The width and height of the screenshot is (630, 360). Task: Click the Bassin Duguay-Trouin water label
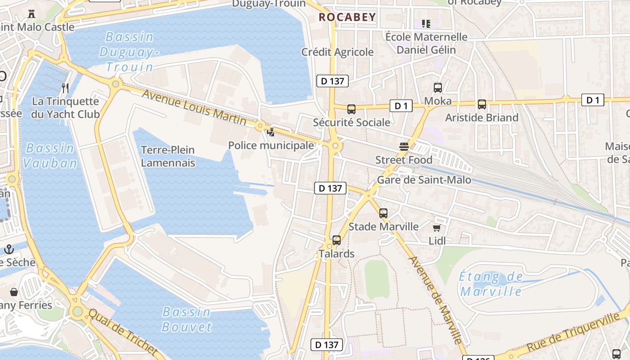[x=126, y=52]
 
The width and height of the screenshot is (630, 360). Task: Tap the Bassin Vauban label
[x=50, y=155]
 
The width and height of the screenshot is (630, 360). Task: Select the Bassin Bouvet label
[x=186, y=319]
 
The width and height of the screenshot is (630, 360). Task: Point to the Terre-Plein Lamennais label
[x=168, y=156]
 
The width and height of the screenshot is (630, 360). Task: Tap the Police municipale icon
[x=271, y=132]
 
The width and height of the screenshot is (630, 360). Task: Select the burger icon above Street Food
[x=404, y=147]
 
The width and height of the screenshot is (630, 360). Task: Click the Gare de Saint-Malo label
[x=424, y=180]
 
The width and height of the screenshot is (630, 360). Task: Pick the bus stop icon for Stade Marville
[x=383, y=213]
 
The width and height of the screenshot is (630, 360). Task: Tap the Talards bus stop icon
[x=336, y=240]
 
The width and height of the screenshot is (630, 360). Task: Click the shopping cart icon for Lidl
[x=436, y=228]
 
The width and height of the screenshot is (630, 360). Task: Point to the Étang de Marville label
[x=491, y=284]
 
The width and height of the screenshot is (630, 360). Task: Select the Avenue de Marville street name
[x=435, y=299]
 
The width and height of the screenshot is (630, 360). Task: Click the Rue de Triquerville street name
[x=573, y=333]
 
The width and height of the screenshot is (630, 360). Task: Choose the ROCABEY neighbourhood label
[x=347, y=18]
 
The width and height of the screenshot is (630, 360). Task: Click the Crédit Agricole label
[x=337, y=52]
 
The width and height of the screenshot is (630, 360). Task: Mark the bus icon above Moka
[x=438, y=88]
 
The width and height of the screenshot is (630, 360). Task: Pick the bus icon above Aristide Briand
[x=481, y=104]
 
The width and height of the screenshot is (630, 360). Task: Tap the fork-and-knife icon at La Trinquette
[x=65, y=88]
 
